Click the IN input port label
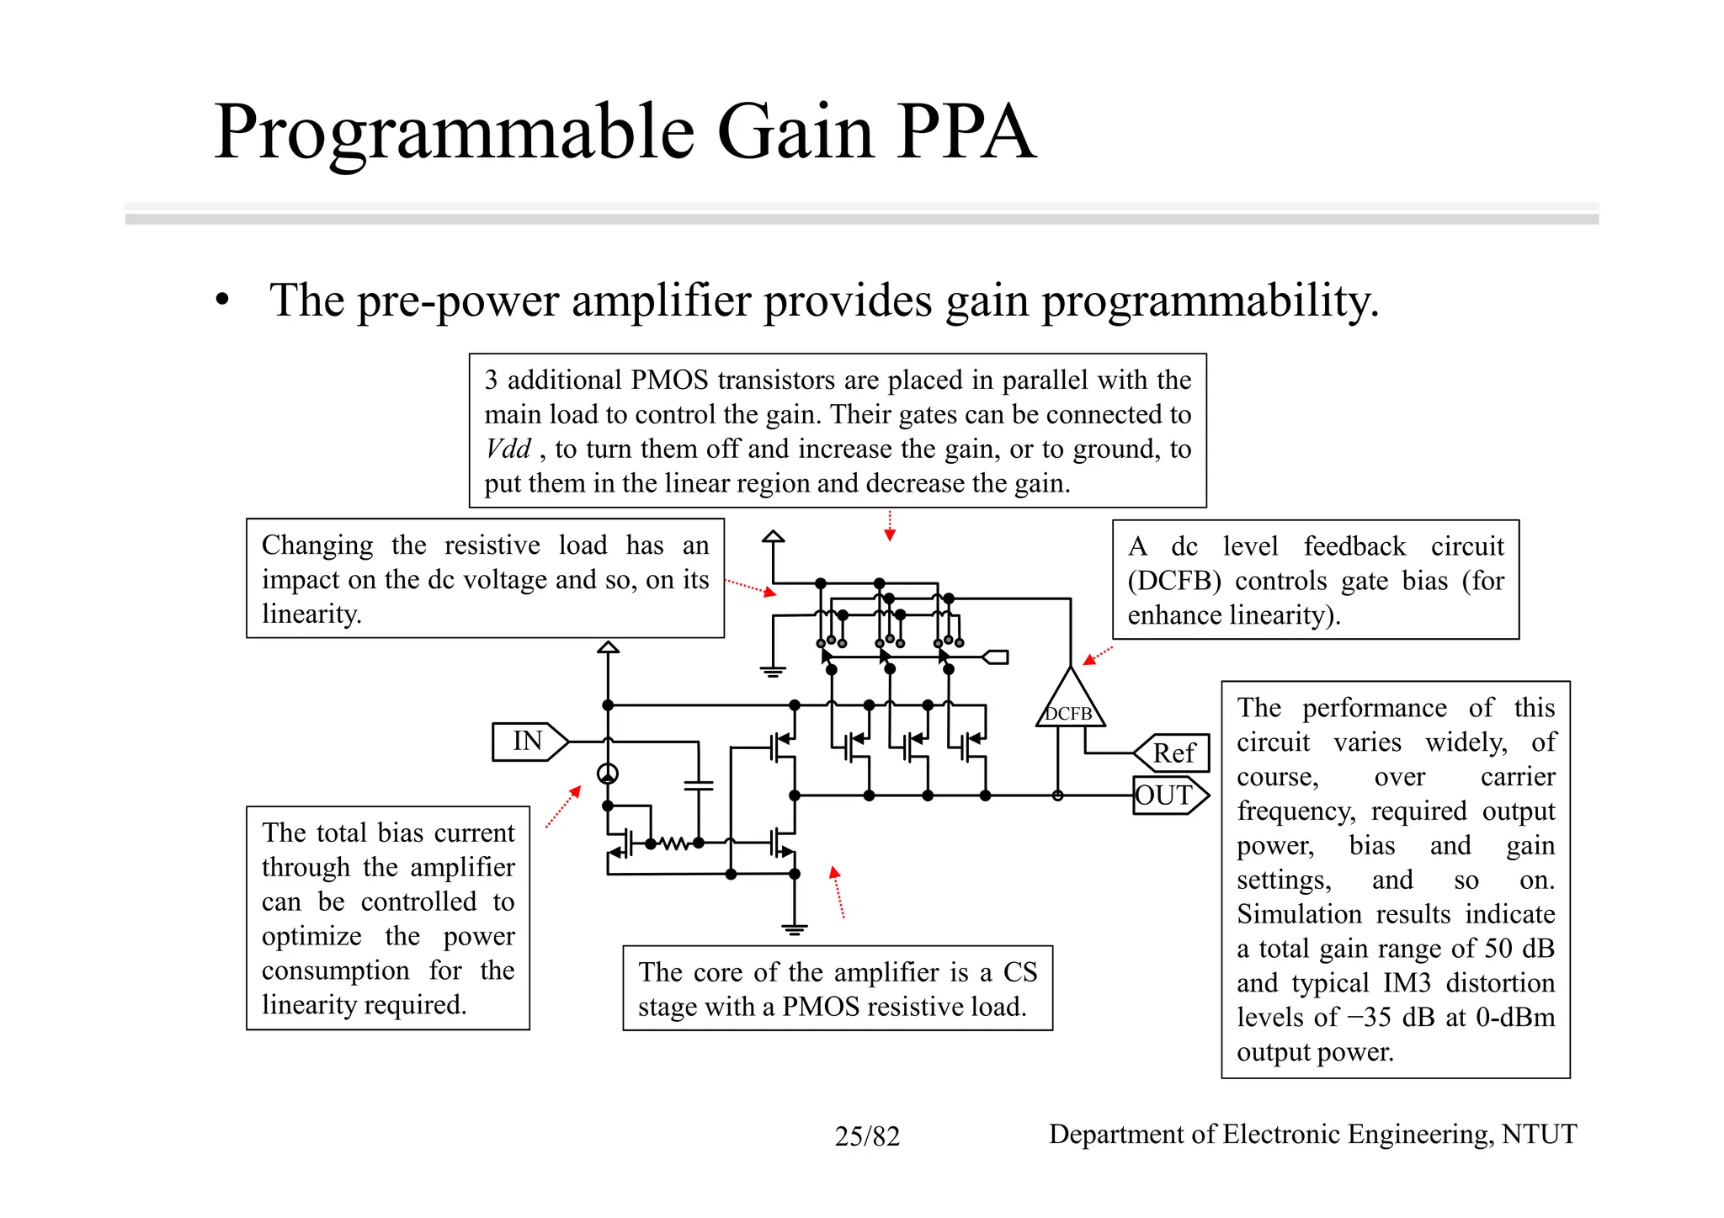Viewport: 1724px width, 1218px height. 528,742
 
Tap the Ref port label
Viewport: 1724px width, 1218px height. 1173,753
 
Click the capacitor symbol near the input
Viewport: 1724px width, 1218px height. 698,785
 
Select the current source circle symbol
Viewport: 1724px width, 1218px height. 608,774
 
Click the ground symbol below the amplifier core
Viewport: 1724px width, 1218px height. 794,929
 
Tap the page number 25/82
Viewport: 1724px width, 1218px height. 867,1136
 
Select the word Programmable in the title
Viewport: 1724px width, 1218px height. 455,132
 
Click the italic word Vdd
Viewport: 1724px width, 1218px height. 508,449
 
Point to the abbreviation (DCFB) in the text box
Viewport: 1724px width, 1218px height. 1174,581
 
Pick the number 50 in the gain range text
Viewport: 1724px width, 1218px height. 1498,949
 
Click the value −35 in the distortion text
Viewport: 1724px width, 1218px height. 1370,1018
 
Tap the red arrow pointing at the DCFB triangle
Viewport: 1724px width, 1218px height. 1097,656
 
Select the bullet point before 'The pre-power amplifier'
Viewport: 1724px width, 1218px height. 222,301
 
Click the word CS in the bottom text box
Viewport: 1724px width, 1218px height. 1020,972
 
